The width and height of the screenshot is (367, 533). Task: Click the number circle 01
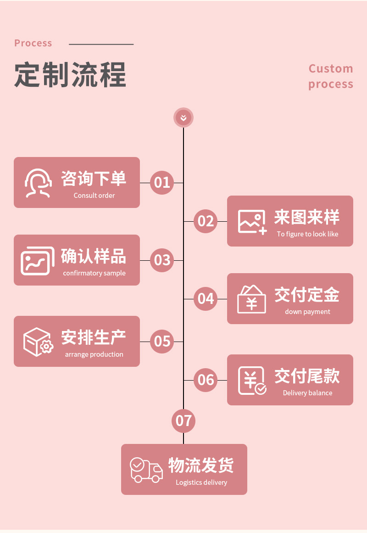click(x=162, y=183)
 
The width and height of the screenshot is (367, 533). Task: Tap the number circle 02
click(x=206, y=221)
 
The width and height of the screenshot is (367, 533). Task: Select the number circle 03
click(x=162, y=260)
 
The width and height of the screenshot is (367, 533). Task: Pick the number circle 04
click(x=206, y=299)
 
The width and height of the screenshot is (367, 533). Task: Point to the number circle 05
click(x=162, y=342)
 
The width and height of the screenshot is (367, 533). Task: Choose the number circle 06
click(x=206, y=380)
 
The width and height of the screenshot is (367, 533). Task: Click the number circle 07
click(x=183, y=421)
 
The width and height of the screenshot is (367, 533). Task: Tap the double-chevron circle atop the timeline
click(x=183, y=118)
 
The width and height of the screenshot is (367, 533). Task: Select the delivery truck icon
click(x=146, y=470)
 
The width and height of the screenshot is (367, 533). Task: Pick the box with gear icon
click(x=38, y=342)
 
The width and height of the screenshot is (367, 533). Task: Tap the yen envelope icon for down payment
click(x=251, y=299)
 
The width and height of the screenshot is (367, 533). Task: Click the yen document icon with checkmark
click(x=252, y=381)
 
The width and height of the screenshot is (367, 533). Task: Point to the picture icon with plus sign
click(x=252, y=222)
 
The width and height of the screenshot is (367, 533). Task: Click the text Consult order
click(x=94, y=196)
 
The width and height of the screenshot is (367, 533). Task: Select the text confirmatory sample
click(x=94, y=273)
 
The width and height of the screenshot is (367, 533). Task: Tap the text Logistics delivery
click(x=201, y=483)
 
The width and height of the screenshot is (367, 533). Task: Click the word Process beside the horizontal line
click(x=33, y=43)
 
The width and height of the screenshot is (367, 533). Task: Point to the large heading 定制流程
click(x=70, y=74)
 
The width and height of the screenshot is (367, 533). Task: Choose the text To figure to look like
click(x=307, y=234)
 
